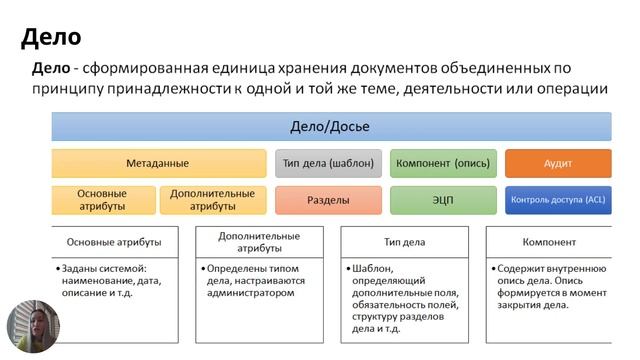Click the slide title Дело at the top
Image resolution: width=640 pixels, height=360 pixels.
point(51,38)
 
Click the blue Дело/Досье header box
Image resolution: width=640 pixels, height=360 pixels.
point(331,126)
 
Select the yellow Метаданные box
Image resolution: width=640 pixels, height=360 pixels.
point(158,163)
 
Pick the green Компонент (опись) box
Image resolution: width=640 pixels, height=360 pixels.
point(443,163)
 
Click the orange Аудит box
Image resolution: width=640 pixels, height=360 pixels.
point(557,163)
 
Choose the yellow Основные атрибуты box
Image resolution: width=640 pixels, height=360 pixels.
point(102,200)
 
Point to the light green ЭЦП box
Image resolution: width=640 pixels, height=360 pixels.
point(443,200)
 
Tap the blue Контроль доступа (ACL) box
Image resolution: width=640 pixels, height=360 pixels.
point(557,200)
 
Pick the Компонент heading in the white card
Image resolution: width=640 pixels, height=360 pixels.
point(549,242)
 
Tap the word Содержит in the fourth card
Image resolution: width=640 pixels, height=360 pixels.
point(521,268)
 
